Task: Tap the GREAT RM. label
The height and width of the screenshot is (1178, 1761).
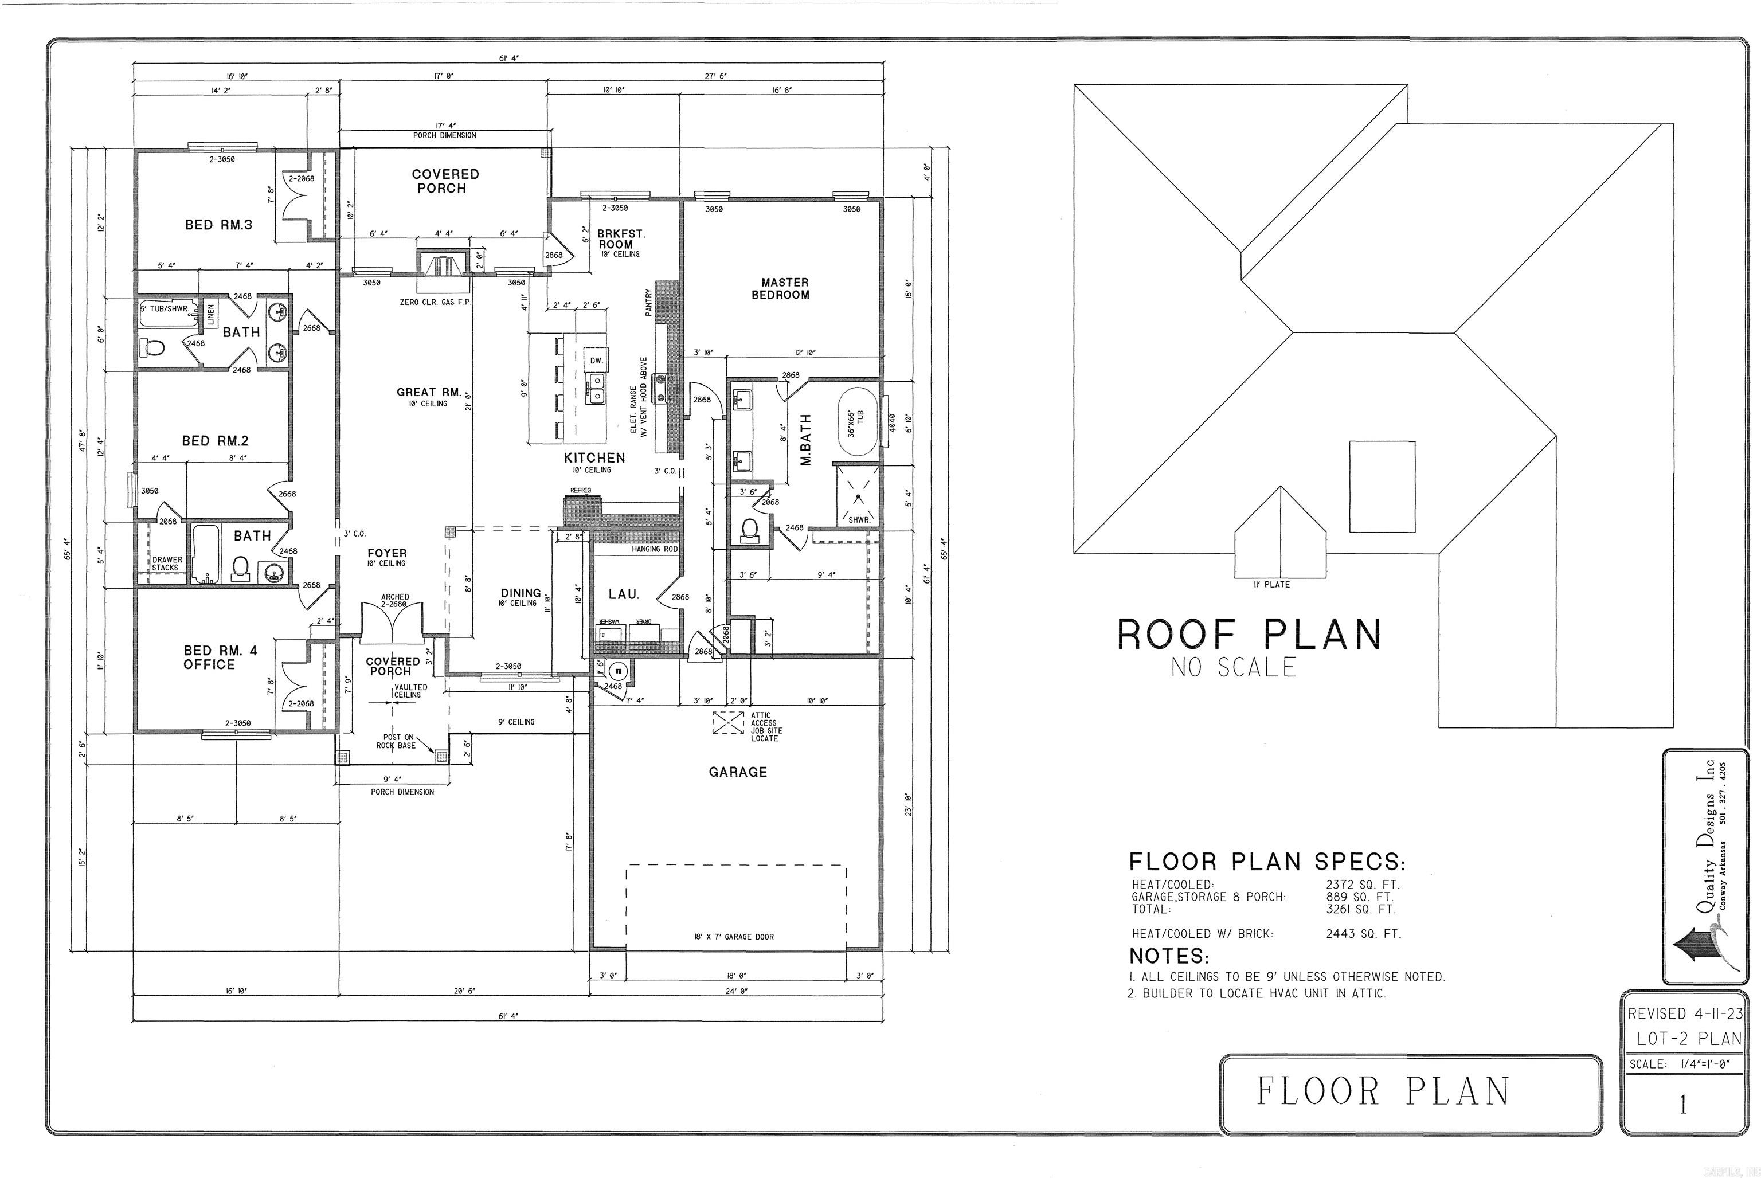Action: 429,392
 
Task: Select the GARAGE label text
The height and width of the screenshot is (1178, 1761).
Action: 738,772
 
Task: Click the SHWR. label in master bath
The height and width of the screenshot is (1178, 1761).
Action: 859,520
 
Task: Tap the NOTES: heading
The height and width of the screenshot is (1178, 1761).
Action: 1169,956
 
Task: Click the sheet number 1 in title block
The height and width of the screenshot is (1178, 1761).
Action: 1683,1105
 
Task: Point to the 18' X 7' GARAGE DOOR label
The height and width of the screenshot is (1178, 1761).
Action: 733,937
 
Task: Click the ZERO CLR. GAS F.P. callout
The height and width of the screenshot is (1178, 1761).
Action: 435,302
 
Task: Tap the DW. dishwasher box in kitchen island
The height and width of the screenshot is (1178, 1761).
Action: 596,361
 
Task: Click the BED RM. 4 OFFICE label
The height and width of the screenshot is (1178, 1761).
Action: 220,658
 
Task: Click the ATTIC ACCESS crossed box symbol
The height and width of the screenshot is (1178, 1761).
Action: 727,723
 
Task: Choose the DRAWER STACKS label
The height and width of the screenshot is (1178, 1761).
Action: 167,563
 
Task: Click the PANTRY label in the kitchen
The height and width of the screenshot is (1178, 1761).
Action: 648,302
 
